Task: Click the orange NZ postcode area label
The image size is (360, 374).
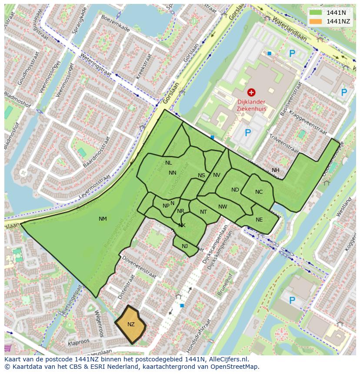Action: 131,324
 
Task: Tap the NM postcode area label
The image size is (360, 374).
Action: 103,219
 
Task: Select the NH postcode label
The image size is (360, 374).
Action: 276,170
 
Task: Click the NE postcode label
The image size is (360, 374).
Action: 259,220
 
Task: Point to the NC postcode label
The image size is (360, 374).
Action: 259,192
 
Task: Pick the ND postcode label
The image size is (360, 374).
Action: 235,190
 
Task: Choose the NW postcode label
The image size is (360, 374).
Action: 223,207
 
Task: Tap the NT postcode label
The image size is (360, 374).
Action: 203,212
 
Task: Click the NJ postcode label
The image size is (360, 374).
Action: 185,246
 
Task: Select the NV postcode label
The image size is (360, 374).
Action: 217,175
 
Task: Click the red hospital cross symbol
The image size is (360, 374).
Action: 251,92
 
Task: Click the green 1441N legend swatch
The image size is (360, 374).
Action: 316,13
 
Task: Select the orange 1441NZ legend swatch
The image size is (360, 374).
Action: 316,21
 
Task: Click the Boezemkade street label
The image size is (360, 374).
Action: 115,23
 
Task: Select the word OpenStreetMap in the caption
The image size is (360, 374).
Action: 235,367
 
